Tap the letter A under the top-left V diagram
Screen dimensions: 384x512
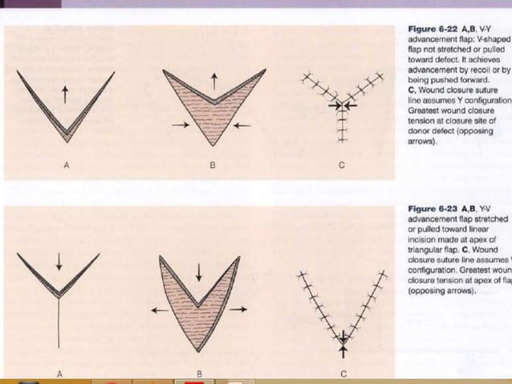[x=66, y=165]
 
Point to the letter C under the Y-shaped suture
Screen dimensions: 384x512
[x=342, y=165]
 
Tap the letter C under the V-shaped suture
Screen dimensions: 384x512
[x=343, y=374]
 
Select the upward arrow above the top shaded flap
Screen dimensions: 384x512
[x=213, y=80]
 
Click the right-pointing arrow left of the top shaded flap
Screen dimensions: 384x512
[x=181, y=125]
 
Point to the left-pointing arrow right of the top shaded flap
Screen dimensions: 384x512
[x=242, y=125]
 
